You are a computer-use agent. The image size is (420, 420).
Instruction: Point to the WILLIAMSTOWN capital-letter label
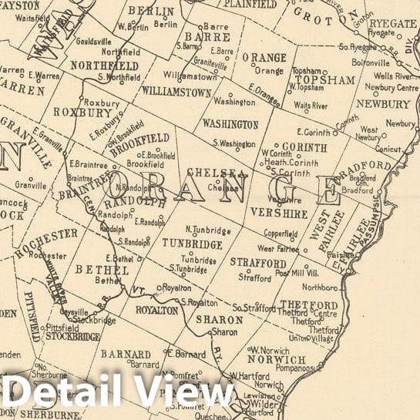[x=176, y=91]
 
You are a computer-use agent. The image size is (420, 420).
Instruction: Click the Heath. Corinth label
[x=291, y=163]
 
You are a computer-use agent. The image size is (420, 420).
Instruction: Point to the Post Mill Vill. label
[x=304, y=272]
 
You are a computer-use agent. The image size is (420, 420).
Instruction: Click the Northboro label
[x=320, y=287]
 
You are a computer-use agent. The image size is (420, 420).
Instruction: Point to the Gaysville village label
[x=62, y=313]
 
